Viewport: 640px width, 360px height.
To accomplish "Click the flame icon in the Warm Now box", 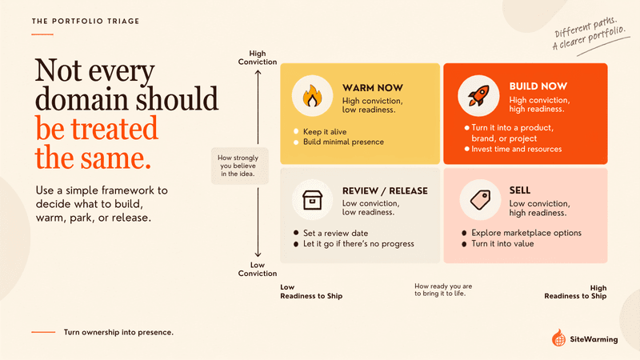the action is click(312, 96).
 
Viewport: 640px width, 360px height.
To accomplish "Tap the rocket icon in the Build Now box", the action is click(478, 96).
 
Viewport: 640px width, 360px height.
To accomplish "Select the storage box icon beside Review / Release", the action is click(312, 200).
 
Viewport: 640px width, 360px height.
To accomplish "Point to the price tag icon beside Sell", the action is click(480, 199).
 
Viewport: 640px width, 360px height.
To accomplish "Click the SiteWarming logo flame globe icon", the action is click(558, 338).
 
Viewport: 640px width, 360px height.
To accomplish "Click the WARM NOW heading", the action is click(373, 88).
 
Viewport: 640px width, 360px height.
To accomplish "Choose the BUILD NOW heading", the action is click(538, 86).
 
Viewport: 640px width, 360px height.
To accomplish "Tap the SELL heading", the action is click(519, 190).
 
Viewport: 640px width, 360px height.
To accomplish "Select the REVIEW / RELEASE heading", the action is click(385, 190).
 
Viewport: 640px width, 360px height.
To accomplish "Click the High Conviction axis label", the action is click(258, 58).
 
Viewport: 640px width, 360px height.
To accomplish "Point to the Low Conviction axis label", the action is click(258, 269).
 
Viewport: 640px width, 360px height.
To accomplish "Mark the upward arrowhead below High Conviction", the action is click(258, 72).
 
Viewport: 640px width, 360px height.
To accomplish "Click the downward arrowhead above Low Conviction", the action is click(258, 254).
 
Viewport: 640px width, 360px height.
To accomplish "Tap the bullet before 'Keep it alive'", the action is click(296, 131).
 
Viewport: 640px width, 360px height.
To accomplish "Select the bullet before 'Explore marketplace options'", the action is click(464, 233).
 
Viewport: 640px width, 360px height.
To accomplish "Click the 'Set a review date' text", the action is click(335, 233).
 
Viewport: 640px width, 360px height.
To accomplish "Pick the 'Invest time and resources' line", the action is click(516, 149).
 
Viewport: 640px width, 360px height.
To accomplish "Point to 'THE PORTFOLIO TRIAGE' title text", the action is click(86, 22).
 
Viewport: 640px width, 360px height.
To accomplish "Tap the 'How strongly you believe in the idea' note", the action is click(238, 166).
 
